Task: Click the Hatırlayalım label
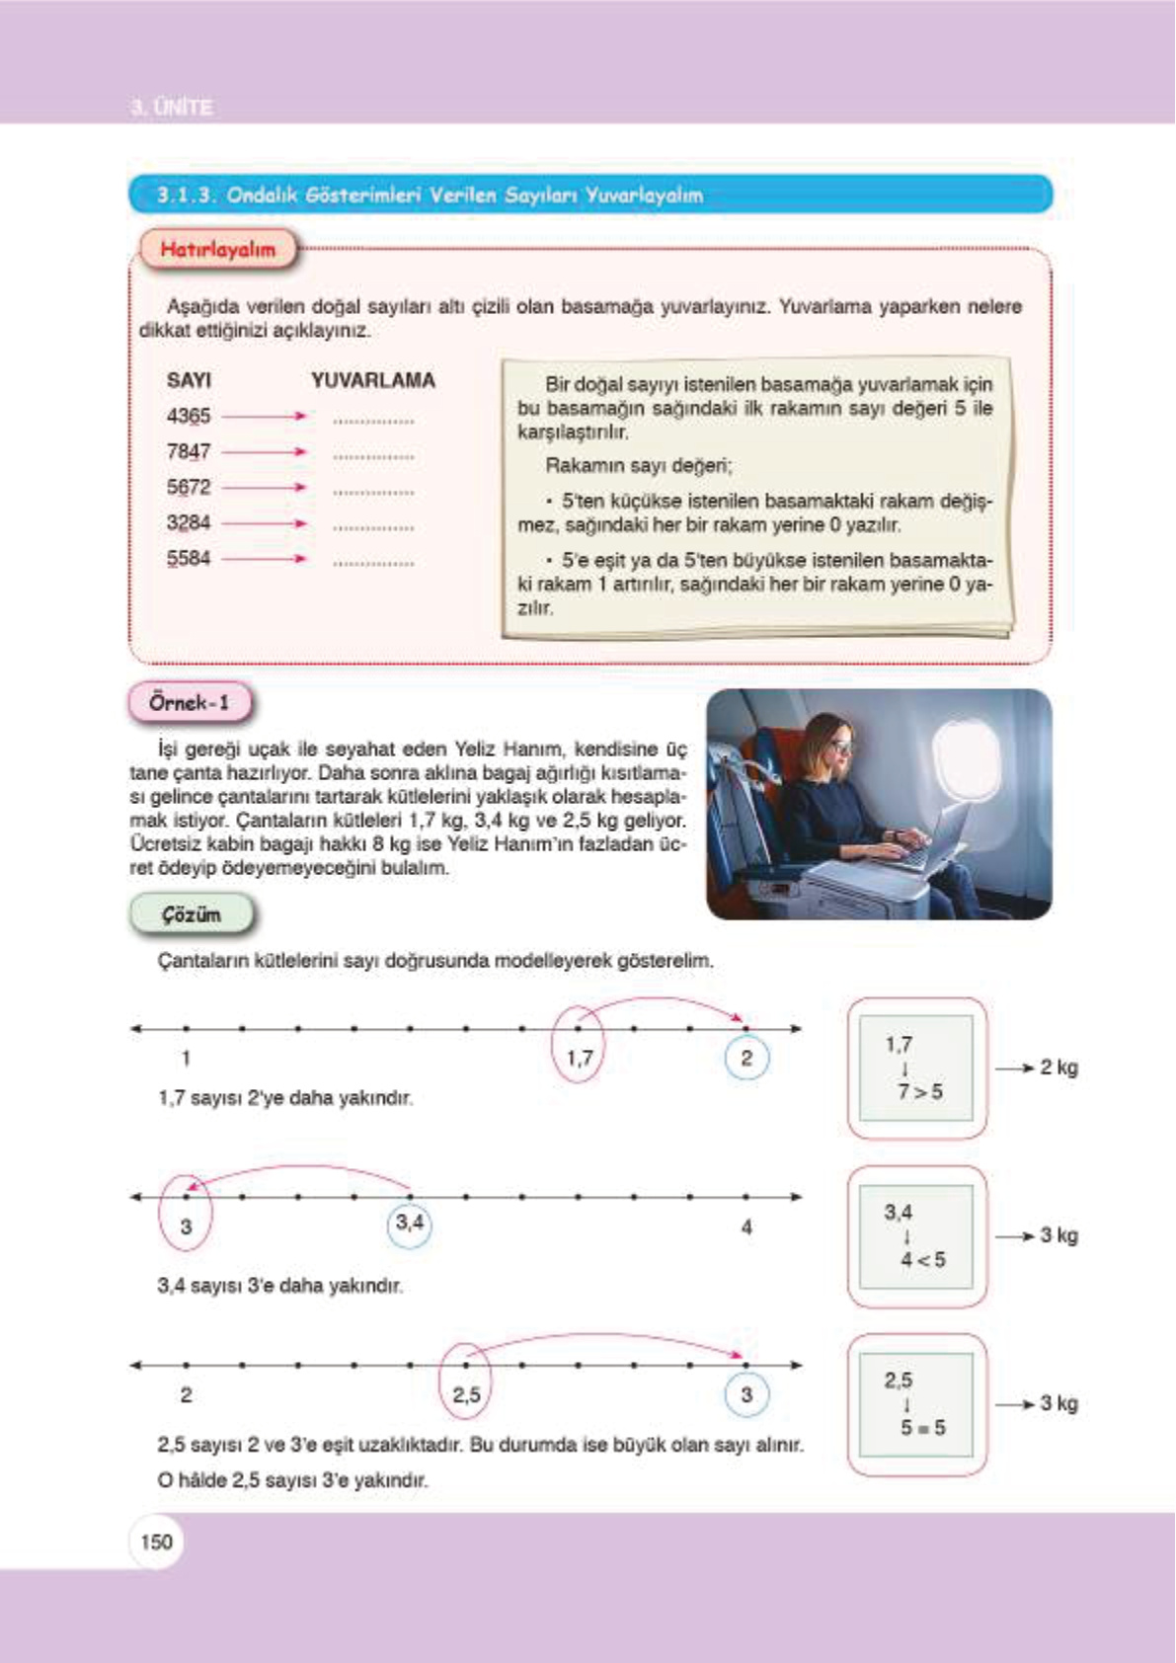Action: click(x=217, y=249)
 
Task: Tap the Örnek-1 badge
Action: click(x=190, y=703)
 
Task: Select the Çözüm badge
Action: click(x=192, y=914)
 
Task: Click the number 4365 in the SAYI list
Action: click(x=189, y=416)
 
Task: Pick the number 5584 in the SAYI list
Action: click(x=189, y=558)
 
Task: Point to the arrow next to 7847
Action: click(x=265, y=452)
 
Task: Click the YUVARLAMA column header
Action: click(x=373, y=380)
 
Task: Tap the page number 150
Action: click(x=156, y=1542)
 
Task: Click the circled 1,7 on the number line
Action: click(x=579, y=1058)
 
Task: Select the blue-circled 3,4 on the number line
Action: click(x=409, y=1224)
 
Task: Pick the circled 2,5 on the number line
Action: click(x=466, y=1394)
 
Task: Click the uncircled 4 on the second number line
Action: click(x=746, y=1227)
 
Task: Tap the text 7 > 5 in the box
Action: click(x=919, y=1091)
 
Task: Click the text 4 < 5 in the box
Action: click(x=922, y=1259)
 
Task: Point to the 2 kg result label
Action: click(x=1058, y=1068)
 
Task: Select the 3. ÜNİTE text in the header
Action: click(x=172, y=107)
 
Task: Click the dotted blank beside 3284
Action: click(x=373, y=527)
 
